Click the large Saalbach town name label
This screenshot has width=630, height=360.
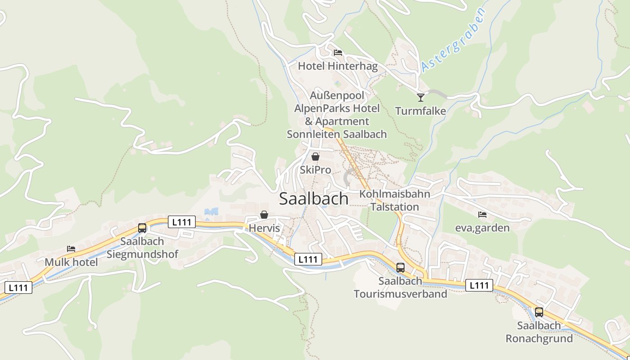point(314,198)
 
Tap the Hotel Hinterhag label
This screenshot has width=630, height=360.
point(337,66)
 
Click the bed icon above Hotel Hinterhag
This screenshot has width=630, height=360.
point(338,53)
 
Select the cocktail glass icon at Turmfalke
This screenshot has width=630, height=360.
point(421,97)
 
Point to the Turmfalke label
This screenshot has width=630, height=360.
point(420,111)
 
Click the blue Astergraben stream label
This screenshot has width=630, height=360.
point(454,41)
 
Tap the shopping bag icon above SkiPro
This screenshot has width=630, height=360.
point(315,157)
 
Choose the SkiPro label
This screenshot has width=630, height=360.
point(315,170)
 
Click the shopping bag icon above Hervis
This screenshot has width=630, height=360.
point(264,215)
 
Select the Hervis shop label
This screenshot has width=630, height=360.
point(264,228)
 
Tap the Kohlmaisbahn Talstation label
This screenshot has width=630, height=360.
point(395,200)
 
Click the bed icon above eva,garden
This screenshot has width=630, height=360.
point(482,215)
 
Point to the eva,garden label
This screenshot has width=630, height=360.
point(482,228)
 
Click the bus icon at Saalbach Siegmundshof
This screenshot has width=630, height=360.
point(142,228)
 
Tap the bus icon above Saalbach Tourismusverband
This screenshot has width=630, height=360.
point(400,268)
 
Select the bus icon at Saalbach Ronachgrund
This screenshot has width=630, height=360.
point(539,312)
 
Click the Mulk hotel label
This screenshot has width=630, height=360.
point(71,262)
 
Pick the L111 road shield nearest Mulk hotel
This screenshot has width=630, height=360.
point(18,288)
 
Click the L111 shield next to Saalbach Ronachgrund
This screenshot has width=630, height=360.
point(479,285)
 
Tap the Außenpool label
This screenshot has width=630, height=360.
point(337,95)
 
